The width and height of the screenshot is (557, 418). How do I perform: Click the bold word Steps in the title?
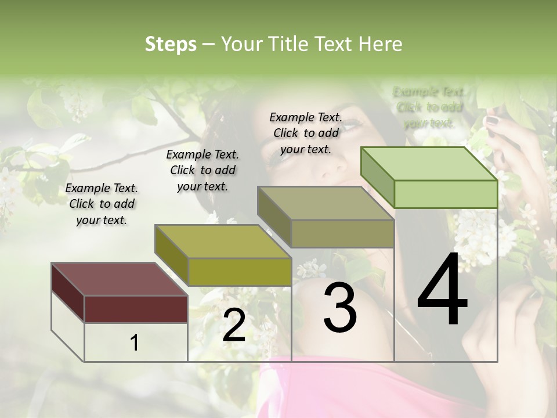tap(171, 44)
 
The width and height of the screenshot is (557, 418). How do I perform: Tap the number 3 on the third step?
tap(340, 308)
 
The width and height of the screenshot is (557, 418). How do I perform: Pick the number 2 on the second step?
tap(234, 325)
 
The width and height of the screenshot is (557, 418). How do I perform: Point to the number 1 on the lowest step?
tap(135, 343)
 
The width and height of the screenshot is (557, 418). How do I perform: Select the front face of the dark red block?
tap(136, 308)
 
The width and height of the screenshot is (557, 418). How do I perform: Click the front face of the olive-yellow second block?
tap(239, 271)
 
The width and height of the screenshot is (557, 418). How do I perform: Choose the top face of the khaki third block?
tap(325, 203)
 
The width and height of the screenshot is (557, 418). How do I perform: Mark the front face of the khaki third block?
tap(342, 233)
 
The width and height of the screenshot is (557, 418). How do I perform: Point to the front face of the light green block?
tap(446, 194)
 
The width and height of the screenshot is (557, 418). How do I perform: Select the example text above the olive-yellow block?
tap(202, 170)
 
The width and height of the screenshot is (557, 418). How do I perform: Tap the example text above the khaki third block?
tap(306, 133)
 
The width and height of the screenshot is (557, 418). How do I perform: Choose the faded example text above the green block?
tap(429, 107)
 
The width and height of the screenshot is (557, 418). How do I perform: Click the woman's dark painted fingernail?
tap(492, 121)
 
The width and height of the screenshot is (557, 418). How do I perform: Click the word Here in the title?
tap(381, 44)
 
